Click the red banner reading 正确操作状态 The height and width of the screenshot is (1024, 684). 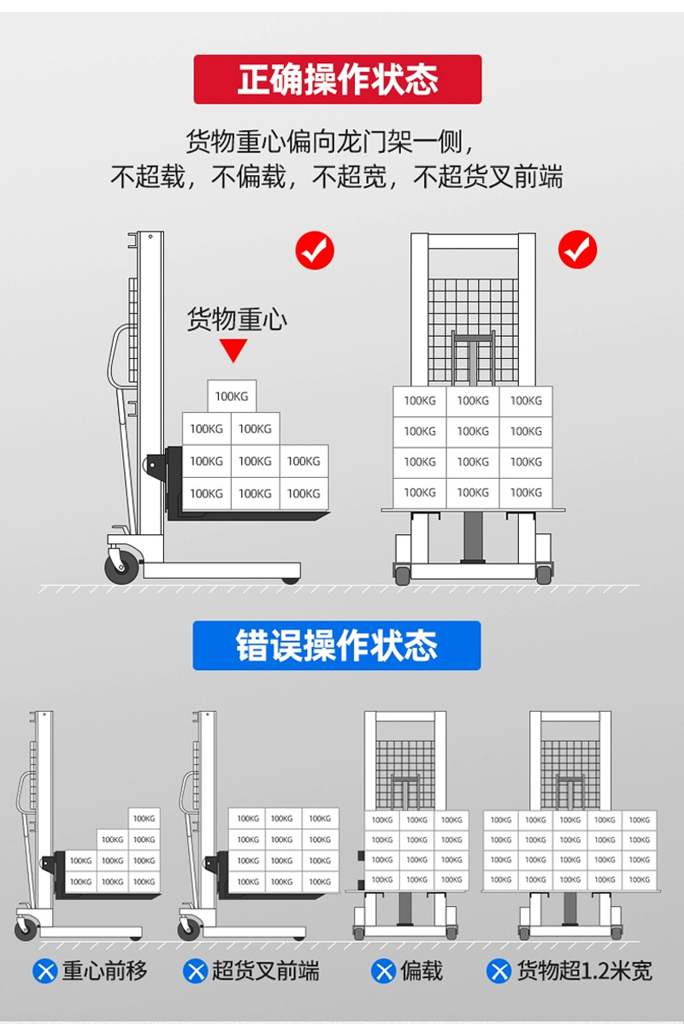click(337, 79)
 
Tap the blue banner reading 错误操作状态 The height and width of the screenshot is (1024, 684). click(337, 645)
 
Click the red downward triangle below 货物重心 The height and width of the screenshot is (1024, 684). click(233, 350)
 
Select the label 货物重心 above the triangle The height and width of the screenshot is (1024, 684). click(237, 320)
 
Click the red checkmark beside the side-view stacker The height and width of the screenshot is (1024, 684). click(315, 250)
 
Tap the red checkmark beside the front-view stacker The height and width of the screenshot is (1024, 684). click(578, 250)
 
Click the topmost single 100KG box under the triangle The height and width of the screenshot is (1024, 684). click(232, 396)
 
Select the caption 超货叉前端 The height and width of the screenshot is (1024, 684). click(266, 971)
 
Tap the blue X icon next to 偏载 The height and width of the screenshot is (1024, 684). click(383, 971)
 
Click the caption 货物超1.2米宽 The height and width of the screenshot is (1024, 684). click(584, 971)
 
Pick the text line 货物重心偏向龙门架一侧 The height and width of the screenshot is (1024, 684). click(329, 139)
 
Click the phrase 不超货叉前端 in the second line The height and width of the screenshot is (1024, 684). click(488, 178)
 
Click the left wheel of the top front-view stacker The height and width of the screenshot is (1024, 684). click(401, 574)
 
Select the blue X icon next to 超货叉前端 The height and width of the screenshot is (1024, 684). click(197, 971)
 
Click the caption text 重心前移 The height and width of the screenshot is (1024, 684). click(105, 971)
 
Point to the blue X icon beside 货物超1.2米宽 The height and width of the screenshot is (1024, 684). click(498, 971)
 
